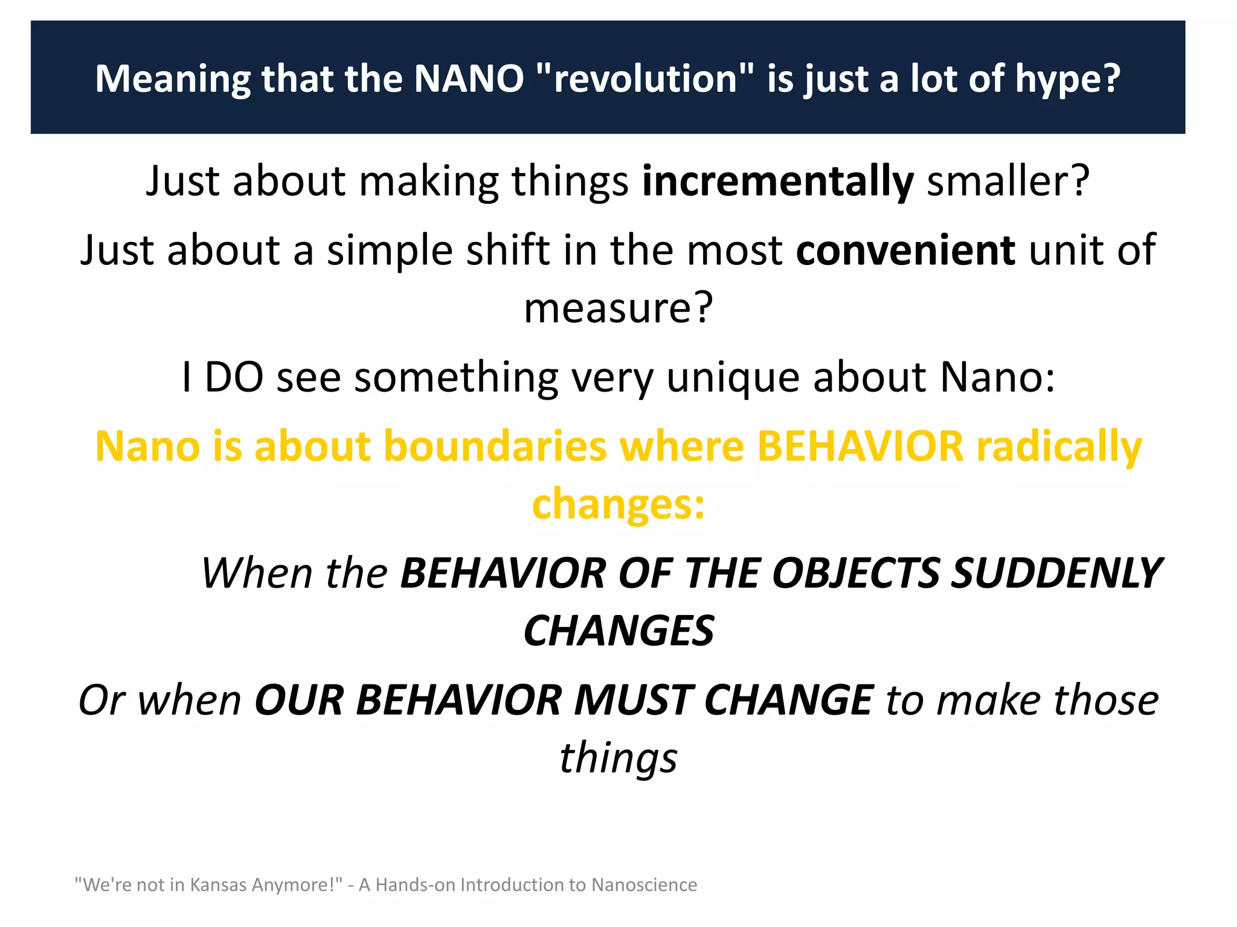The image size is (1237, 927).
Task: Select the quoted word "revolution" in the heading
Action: coord(645,79)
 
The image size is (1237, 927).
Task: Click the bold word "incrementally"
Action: coord(777,181)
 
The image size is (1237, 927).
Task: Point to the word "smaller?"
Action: coord(1008,181)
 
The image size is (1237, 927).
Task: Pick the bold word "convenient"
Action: coord(905,250)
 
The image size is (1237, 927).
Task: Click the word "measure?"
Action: coord(618,308)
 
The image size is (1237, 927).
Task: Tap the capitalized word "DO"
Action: coord(234,377)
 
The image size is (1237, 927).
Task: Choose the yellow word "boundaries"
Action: coord(495,447)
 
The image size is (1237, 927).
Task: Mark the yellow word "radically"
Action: coord(1059,447)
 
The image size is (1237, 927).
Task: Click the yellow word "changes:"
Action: coord(618,505)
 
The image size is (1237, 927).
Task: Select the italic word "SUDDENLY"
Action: coord(1056,573)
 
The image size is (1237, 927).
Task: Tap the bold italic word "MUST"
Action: coord(632,701)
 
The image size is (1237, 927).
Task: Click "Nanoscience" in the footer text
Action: coord(644,885)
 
